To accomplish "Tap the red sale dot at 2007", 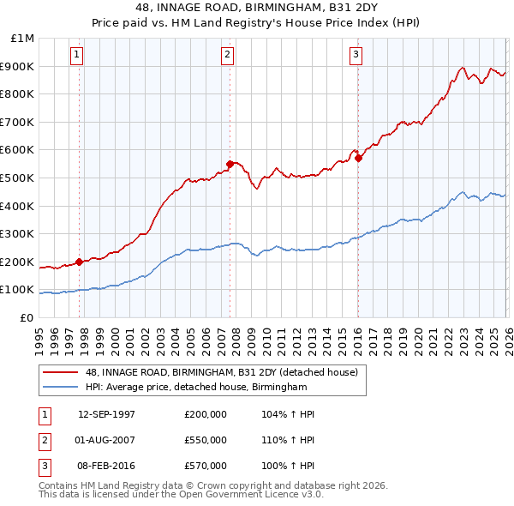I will point(230,164).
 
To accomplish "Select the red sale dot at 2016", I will point(358,158).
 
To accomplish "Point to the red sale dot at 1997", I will point(80,262).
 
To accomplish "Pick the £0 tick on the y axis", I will point(27,317).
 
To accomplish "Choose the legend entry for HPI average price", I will point(196,388).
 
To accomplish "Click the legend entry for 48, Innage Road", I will point(226,371).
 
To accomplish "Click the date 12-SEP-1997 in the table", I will point(106,414).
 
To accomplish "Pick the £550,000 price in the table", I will point(206,440).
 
